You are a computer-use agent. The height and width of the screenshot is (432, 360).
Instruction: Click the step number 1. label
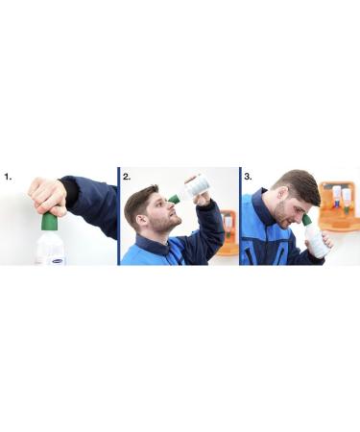(8, 178)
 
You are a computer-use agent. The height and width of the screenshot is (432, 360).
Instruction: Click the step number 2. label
(127, 178)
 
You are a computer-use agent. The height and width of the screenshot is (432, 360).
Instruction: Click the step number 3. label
(247, 178)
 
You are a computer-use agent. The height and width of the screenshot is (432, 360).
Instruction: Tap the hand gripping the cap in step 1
(46, 195)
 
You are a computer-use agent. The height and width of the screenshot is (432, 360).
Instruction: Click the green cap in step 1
(49, 223)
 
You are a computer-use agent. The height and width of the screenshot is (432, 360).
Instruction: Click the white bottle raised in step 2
(199, 185)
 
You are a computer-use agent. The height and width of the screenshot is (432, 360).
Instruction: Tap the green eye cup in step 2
(174, 199)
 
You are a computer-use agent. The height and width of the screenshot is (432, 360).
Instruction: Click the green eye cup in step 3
(307, 220)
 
